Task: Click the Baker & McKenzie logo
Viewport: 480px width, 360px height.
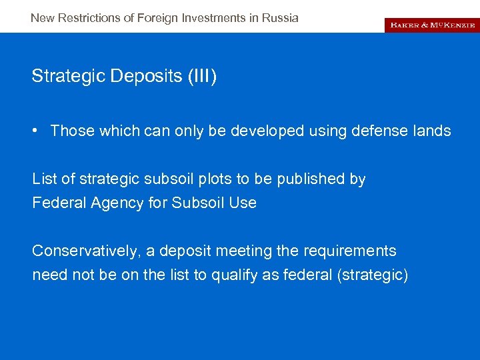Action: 431,24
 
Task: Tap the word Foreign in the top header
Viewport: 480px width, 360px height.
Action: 157,18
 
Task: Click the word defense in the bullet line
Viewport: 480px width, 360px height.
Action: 378,131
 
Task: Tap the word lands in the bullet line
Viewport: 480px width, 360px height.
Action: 434,131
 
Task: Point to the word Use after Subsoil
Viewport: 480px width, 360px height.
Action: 243,203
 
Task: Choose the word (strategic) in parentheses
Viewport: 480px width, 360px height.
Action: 373,275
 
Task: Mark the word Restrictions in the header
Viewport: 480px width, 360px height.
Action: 90,18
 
